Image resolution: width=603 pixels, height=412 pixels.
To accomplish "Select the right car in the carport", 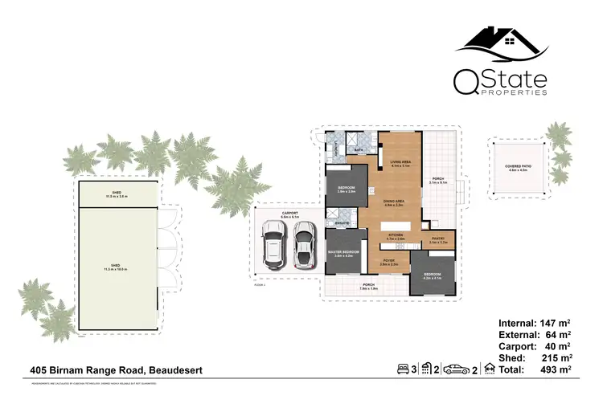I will pos(303,245).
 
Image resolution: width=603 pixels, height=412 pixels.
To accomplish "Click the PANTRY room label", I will pos(438,239).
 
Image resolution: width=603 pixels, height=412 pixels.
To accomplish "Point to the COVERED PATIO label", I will pos(516,168).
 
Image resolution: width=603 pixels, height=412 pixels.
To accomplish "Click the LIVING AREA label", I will pos(400,163).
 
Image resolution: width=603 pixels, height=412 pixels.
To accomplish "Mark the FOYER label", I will pos(388,261).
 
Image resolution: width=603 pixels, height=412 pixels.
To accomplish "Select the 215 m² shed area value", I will pos(556,357).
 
